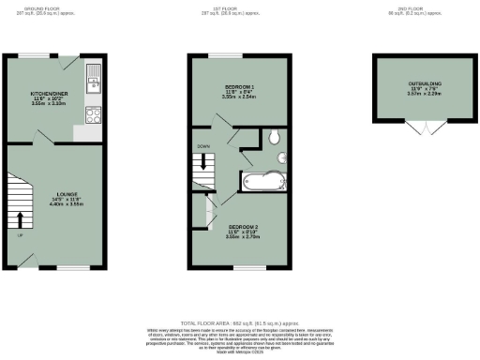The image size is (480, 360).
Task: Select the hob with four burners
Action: pos(94,116)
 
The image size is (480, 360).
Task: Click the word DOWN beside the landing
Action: pos(203,146)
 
